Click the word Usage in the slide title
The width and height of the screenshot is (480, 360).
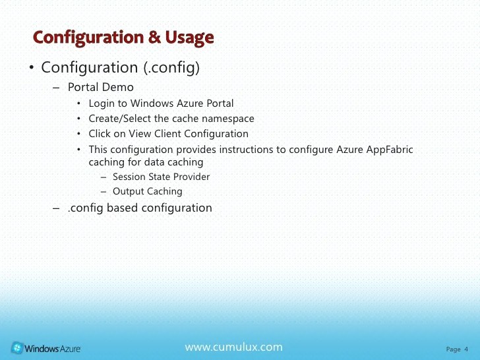coord(190,38)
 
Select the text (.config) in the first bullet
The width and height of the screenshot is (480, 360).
coord(171,68)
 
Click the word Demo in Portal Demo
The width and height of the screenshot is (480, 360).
coord(118,88)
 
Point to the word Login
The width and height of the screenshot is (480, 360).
coord(102,104)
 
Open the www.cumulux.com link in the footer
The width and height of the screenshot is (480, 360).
coord(233,347)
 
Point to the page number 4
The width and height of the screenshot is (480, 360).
coord(466,349)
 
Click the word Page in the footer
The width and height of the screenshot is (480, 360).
coord(453,349)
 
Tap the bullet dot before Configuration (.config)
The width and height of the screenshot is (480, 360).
coord(31,69)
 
